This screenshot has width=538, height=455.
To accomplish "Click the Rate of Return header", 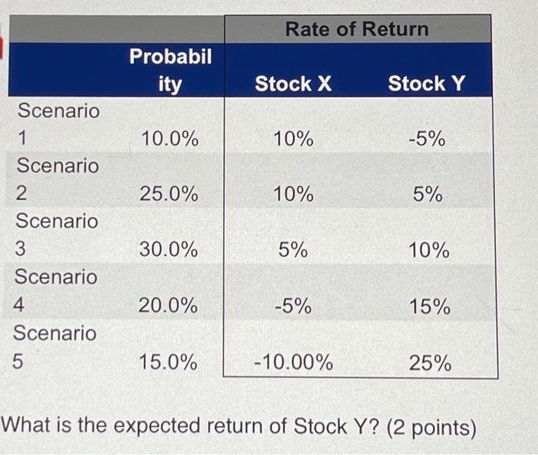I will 357,29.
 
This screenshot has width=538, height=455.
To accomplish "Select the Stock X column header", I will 293,83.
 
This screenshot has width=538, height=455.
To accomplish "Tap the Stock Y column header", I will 427,83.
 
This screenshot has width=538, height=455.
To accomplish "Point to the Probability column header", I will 170,70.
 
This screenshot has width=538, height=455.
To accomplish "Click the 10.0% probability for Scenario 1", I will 169,139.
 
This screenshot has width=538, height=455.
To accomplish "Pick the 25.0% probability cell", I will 169,194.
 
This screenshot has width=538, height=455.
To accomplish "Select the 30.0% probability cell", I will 169,250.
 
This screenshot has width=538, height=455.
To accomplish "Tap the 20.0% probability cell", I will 168,306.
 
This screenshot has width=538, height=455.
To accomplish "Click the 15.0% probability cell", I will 168,361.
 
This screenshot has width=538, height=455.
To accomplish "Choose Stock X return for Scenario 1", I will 294,139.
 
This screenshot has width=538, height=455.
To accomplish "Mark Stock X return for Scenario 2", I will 294,194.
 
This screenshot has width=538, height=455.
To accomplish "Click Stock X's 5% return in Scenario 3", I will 294,250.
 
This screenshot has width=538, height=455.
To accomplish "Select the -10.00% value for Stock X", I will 294,362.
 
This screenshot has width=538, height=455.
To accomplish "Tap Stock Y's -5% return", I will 427,139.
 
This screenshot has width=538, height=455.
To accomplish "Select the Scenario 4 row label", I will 55,291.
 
